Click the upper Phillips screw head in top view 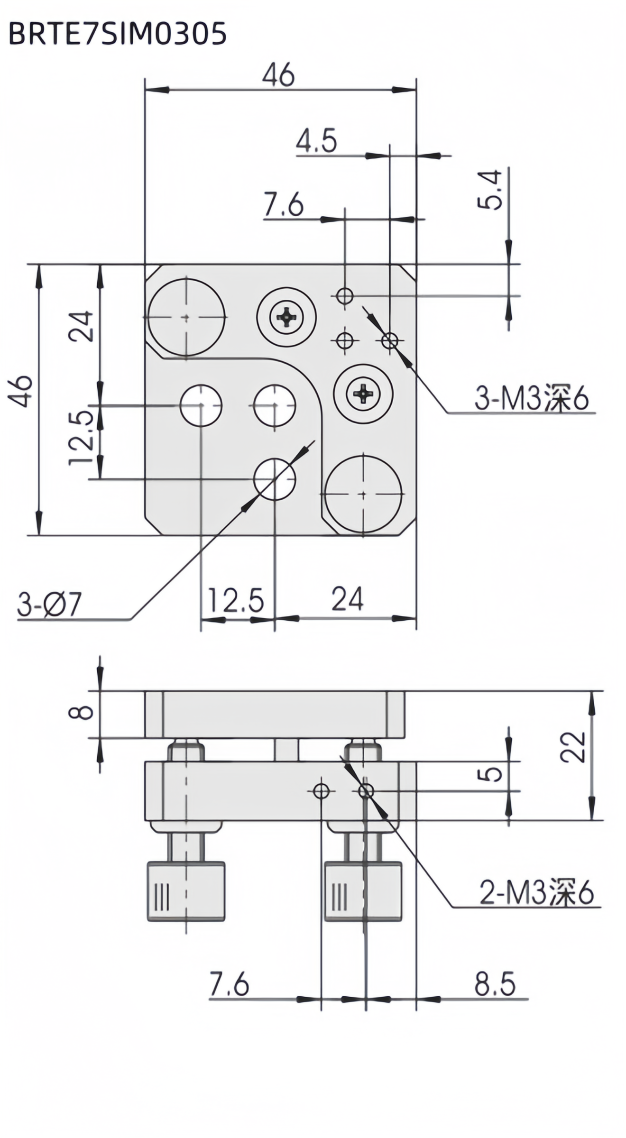[x=286, y=316]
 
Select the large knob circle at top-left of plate [x=186, y=317]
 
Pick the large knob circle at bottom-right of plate [x=363, y=494]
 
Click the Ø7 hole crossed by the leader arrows [x=275, y=479]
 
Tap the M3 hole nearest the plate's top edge [x=345, y=296]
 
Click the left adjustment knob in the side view [x=186, y=892]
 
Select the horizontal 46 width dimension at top [x=279, y=75]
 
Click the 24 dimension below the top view [x=347, y=599]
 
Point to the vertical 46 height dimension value [x=22, y=391]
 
